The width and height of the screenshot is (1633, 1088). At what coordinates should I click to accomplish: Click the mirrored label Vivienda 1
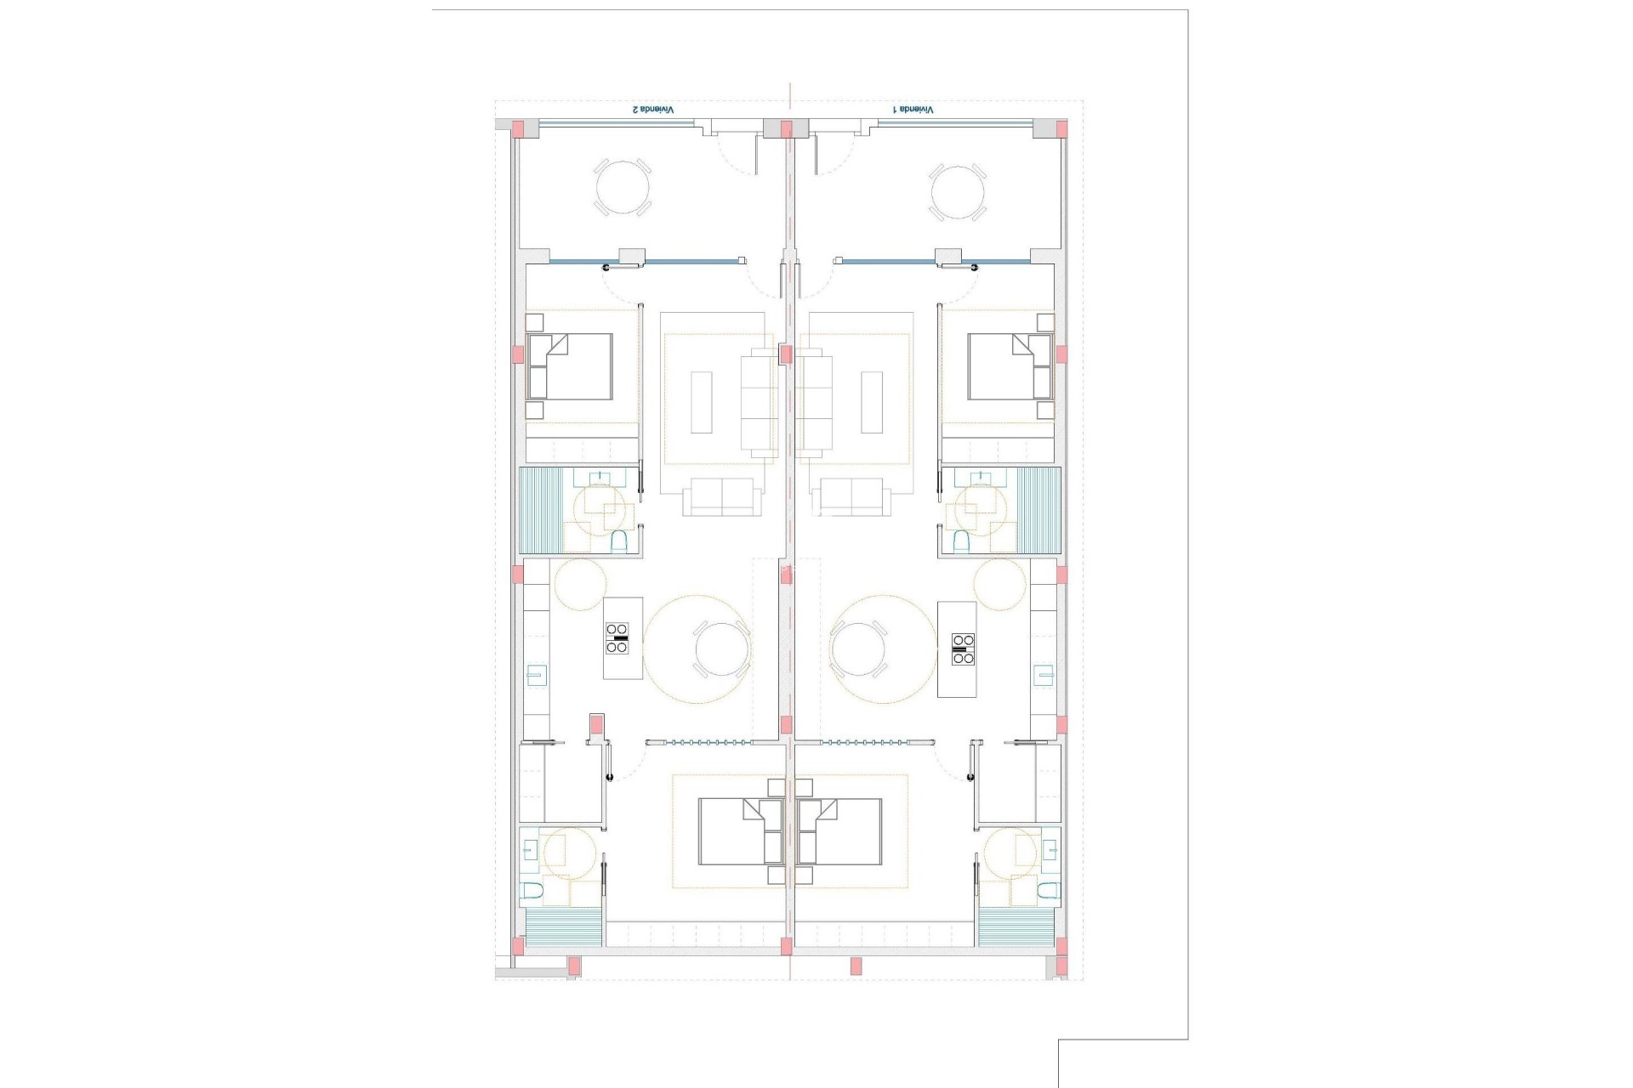click(x=913, y=110)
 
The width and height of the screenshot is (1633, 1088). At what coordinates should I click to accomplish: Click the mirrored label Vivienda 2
click(x=651, y=110)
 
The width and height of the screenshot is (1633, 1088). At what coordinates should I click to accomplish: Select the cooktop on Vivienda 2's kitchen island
click(x=617, y=637)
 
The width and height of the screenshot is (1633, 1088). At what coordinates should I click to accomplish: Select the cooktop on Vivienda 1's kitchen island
click(x=962, y=649)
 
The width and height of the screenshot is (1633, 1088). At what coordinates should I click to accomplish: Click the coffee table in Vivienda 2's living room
click(x=701, y=402)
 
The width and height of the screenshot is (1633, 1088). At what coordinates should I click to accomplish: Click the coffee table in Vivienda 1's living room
click(x=873, y=402)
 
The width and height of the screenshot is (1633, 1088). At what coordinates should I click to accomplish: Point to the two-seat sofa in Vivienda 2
click(x=722, y=496)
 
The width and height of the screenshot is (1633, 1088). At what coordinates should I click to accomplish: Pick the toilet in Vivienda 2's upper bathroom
click(x=619, y=541)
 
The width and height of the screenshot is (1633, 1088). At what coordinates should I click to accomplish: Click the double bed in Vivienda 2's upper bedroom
click(x=569, y=366)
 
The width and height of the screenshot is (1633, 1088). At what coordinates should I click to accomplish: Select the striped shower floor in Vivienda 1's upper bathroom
click(x=1038, y=509)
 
